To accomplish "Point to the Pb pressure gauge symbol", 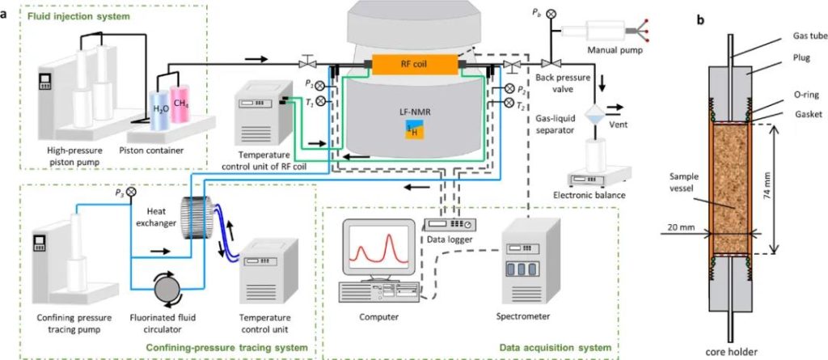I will click(550, 14).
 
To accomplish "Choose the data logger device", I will click(449, 223).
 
